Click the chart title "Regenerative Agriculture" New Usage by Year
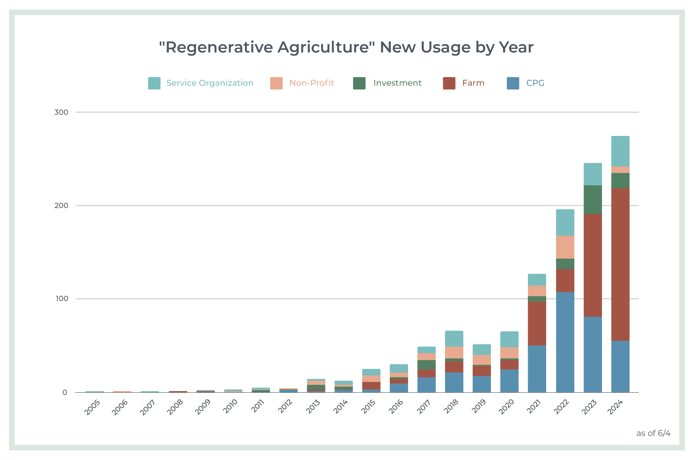pos(346,47)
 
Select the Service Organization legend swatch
pos(154,83)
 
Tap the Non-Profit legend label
pos(312,83)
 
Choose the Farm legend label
pos(473,83)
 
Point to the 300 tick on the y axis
pos(61,112)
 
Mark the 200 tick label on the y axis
pos(61,206)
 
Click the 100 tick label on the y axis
pos(62,299)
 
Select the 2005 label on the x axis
pos(92,407)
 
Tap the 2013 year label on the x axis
pos(313,407)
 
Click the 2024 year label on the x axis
pos(615,407)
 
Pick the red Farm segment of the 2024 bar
pos(620,264)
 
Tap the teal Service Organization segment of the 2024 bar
pos(620,151)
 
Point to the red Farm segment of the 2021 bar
pos(537,323)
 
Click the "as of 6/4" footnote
pos(653,433)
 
